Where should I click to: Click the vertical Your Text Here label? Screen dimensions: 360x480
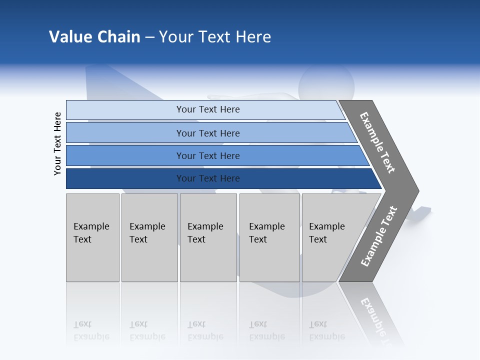pos(57,143)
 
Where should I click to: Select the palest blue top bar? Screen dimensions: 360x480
pos(125,109)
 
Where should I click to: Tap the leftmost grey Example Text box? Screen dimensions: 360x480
pos(92,237)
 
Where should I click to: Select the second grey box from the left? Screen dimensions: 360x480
pos(149,237)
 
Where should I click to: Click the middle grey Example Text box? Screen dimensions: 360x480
pos(208,237)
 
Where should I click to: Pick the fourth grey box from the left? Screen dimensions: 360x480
pos(269,237)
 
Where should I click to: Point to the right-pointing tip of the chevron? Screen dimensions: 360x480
pos(416,191)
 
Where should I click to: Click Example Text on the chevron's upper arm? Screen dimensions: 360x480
pos(377,142)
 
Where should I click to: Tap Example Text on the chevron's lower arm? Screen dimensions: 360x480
pos(379,236)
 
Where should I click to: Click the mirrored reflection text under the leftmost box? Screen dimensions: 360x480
pos(91,330)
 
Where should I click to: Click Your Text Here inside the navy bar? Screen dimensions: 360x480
pos(208,178)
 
